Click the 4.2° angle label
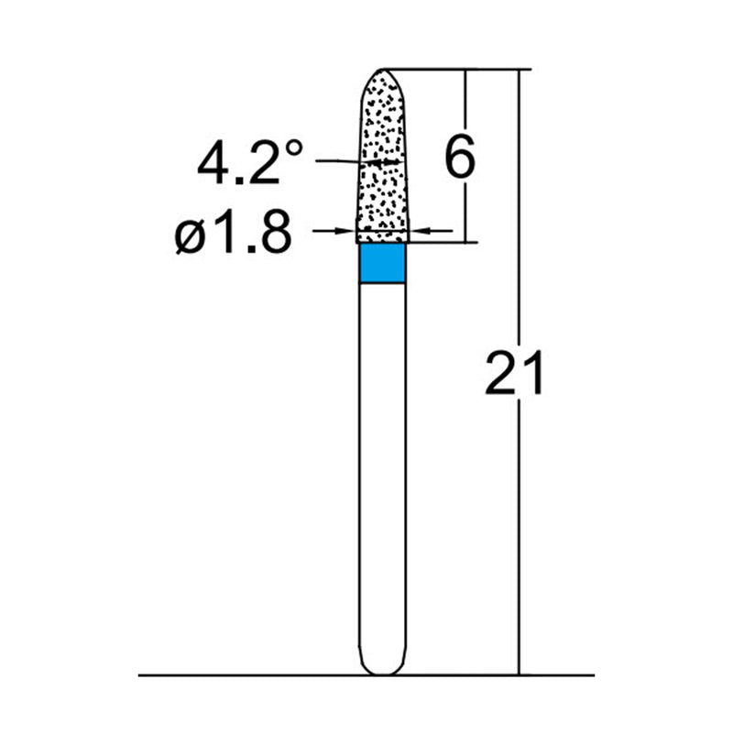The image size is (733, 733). [249, 163]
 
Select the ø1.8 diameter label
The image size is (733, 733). [233, 235]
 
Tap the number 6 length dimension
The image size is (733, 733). [459, 158]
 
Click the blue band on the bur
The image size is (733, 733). [380, 264]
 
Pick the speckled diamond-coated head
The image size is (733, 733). [379, 165]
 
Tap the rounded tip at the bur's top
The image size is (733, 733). [381, 73]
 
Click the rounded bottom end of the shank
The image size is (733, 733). [380, 667]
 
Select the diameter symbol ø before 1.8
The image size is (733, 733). [188, 237]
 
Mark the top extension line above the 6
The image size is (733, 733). [440, 69]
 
